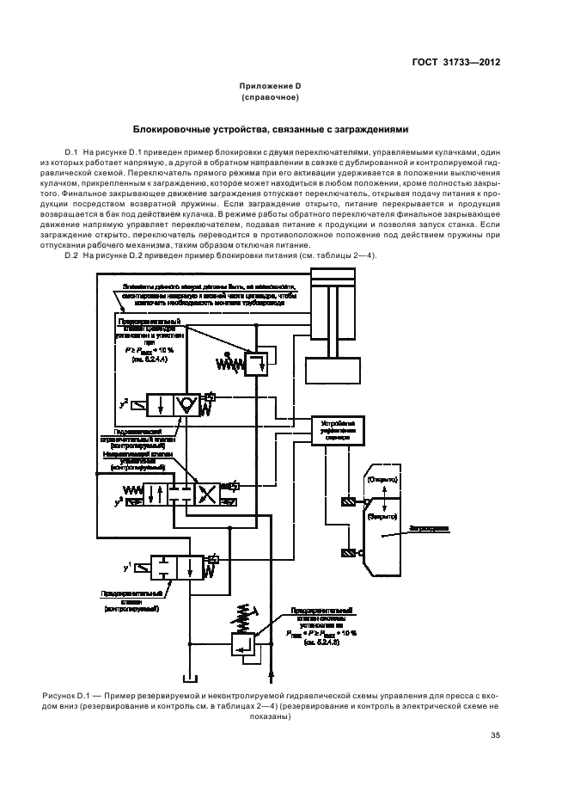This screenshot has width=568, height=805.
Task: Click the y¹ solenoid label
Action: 127,567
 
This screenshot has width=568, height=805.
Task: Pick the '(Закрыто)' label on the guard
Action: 382,517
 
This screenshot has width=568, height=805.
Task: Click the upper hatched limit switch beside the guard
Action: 347,502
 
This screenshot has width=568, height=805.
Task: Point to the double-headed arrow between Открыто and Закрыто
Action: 382,497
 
